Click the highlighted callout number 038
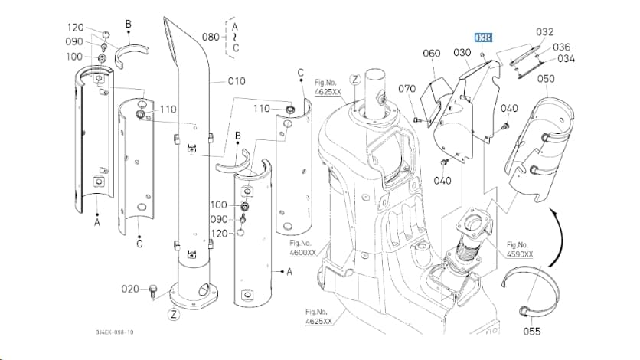point(483,38)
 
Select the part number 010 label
point(237,81)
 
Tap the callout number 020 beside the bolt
point(130,289)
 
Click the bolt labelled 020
point(153,291)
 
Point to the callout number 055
point(532,331)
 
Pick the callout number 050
point(546,78)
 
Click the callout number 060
point(432,53)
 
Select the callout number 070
point(407,89)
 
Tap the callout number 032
point(545,32)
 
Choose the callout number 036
point(562,47)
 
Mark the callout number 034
point(566,59)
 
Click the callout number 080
point(211,37)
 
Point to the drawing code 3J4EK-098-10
point(115,332)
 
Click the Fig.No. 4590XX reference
point(519,250)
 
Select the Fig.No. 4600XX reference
point(303,247)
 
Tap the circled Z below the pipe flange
point(174,314)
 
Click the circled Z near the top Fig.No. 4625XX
point(355,80)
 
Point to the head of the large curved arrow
point(552,212)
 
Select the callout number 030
point(462,53)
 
